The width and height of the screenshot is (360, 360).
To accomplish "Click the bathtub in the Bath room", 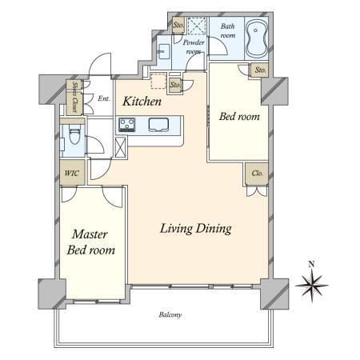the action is click(257, 38).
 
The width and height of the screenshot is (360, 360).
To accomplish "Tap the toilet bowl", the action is click(74, 134).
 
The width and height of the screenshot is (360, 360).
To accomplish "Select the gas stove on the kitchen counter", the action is click(127, 125).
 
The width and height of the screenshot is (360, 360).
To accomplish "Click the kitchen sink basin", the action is click(158, 125).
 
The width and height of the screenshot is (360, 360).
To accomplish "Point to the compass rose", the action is click(312, 286).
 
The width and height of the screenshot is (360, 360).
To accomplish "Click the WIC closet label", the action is click(72, 173).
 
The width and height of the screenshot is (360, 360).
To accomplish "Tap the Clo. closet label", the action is click(258, 174).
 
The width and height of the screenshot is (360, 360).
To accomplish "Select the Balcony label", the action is click(170, 315).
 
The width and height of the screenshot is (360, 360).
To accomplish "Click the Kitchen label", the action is click(142, 102).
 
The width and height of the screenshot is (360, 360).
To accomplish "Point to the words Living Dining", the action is click(196, 229).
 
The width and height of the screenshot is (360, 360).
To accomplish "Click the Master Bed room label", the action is click(91, 242).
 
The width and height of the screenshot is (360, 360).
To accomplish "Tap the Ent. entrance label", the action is click(104, 98).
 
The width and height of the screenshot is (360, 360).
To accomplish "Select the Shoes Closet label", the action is click(75, 97).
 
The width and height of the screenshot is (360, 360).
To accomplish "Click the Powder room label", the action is click(194, 46).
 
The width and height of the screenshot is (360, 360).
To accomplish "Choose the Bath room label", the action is click(228, 30).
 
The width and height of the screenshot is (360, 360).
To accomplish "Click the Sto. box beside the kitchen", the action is click(175, 85).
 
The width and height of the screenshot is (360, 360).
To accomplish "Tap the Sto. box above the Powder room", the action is click(178, 25).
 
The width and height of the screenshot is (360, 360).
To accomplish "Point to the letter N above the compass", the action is click(311, 265).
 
